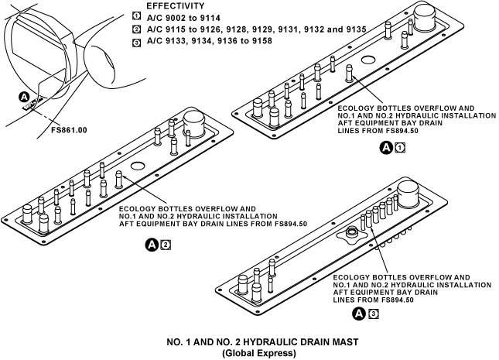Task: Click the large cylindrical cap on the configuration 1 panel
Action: coord(426,16)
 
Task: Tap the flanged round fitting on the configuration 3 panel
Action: coord(352,231)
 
